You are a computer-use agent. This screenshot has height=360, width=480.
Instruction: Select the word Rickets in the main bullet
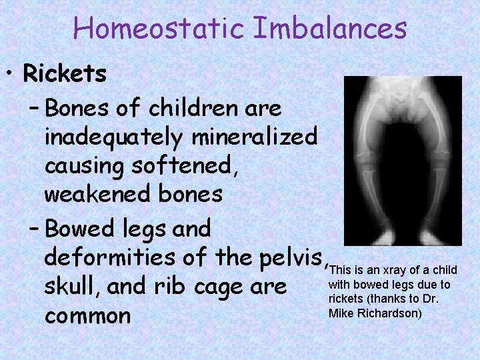tap(65, 74)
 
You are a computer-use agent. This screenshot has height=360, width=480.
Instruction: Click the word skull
tap(69, 287)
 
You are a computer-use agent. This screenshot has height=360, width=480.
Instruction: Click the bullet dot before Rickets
tap(13, 74)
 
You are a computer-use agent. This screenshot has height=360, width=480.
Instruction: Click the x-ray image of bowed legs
tap(402, 161)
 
